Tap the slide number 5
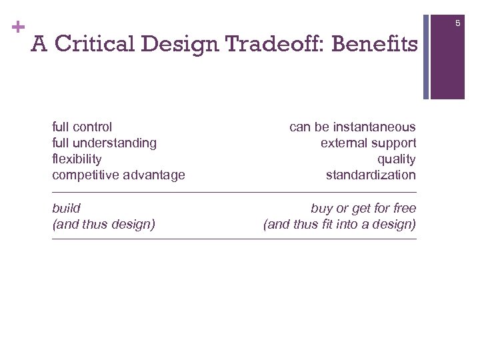click(458, 24)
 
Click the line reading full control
click(82, 127)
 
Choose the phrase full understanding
click(104, 143)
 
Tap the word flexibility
click(77, 159)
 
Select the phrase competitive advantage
click(119, 175)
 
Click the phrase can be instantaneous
click(352, 127)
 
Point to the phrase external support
click(368, 143)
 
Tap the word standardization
click(371, 175)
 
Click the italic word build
click(66, 208)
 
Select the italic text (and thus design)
click(103, 224)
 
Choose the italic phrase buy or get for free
click(363, 208)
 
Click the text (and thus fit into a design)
click(339, 224)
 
